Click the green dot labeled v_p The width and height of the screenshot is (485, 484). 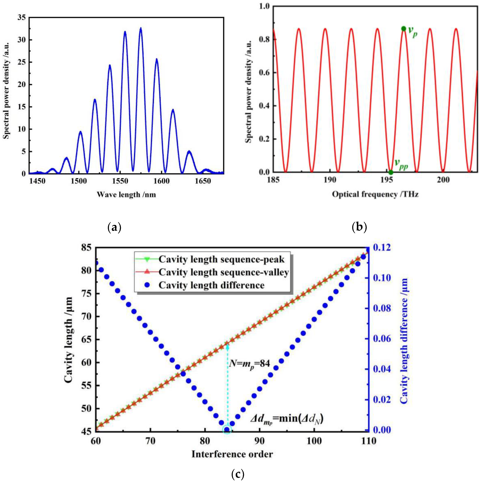tap(403, 29)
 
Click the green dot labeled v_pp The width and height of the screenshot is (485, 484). tap(391, 172)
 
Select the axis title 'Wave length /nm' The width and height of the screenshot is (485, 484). tap(126, 194)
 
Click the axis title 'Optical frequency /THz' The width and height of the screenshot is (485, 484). tap(375, 194)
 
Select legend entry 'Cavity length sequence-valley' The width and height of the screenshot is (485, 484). tap(223, 272)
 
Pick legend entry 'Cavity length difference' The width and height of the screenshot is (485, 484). tap(211, 285)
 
